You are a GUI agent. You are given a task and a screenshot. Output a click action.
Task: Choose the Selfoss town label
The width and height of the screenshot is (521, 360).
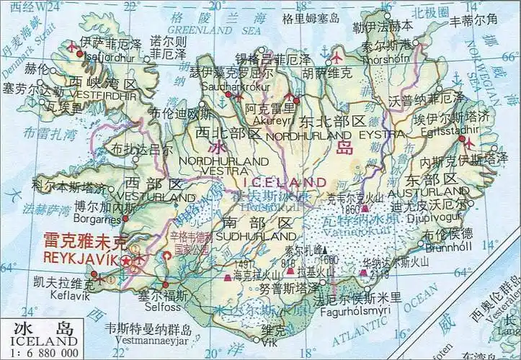click(x=164, y=307)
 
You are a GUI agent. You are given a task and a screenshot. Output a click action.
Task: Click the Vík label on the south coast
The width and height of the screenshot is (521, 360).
click(x=270, y=342)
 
